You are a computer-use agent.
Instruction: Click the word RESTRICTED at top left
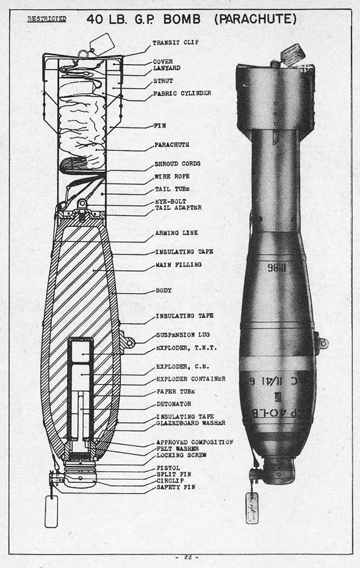pos(47,19)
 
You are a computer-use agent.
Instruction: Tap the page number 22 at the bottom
pos(187,557)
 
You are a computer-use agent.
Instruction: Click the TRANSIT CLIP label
pos(175,42)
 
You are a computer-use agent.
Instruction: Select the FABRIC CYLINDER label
pos(182,93)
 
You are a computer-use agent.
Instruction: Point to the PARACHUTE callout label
pos(171,145)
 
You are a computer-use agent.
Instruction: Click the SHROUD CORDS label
pos(178,164)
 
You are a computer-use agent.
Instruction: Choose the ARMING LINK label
pos(176,233)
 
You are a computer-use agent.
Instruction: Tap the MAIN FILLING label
pos(179,265)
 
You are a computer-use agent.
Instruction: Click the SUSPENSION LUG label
pos(182,335)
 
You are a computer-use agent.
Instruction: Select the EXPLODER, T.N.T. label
pos(187,348)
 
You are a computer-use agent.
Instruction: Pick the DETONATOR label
pos(173,403)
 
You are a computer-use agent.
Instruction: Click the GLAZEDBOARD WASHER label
pos(190,423)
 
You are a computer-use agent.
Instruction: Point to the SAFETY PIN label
pos(176,487)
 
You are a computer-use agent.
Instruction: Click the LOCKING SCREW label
pos(181,455)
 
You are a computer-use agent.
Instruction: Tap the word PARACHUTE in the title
pos(256,19)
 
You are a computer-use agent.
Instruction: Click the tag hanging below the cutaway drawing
pos(51,511)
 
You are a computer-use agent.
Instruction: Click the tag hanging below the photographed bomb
pos(252,508)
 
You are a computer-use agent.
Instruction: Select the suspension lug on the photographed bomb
pos(321,341)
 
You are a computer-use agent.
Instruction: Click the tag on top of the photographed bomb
pos(293,54)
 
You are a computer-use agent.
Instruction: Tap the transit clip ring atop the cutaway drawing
pos(84,54)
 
